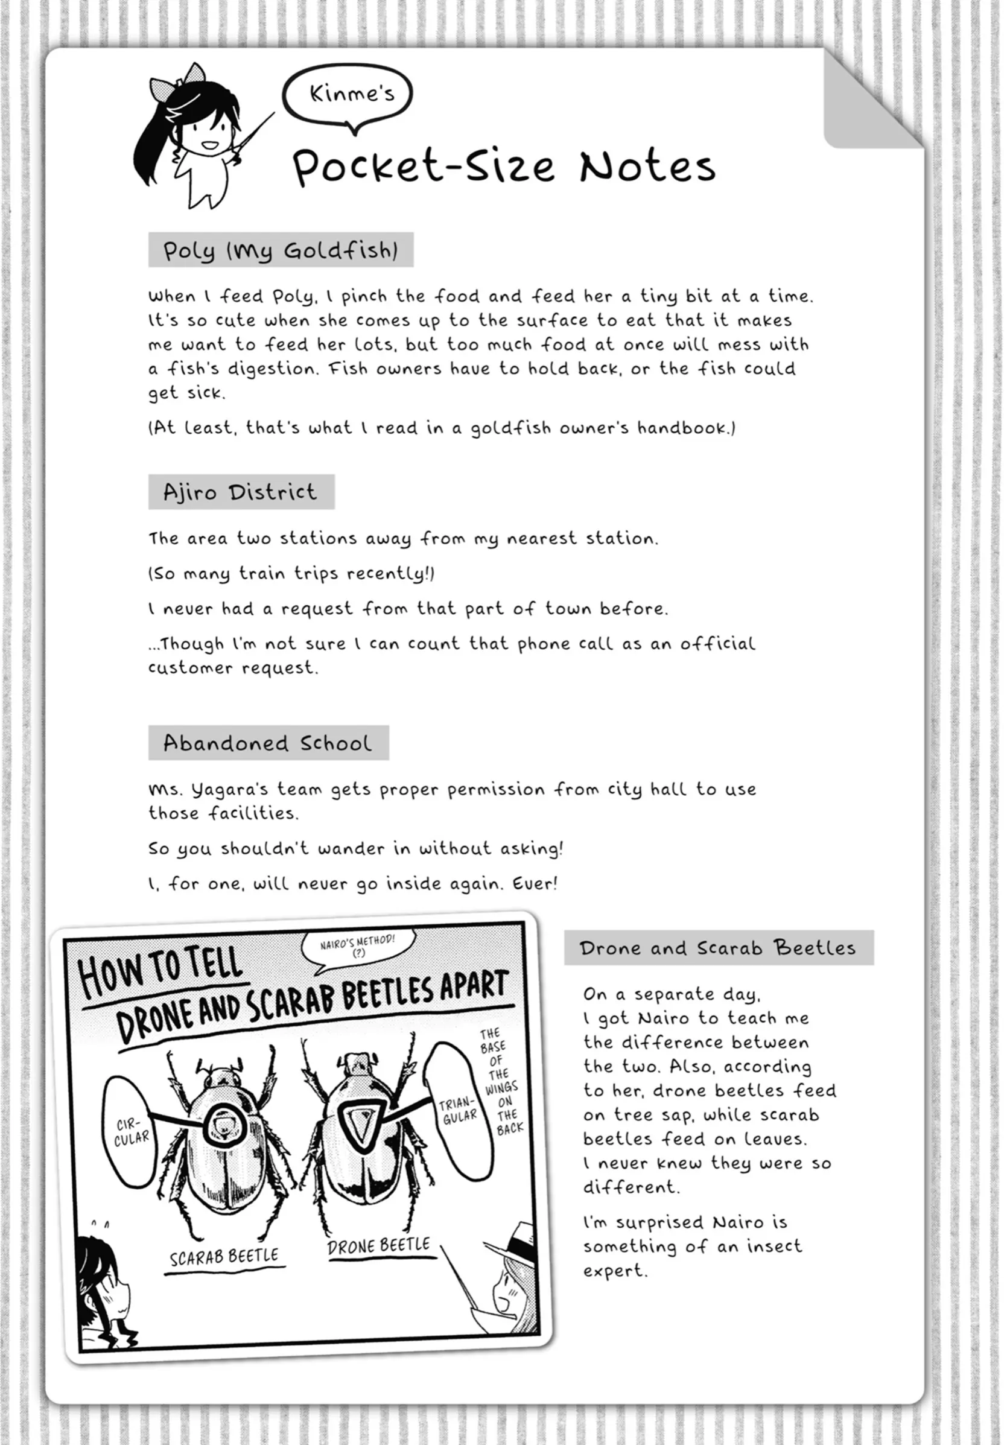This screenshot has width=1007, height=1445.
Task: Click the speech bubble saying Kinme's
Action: tap(349, 94)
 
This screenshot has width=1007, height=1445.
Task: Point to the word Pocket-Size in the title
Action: tap(423, 167)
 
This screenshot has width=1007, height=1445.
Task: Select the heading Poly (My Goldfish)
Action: tap(281, 250)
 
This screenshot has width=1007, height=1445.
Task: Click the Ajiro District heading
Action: tap(241, 492)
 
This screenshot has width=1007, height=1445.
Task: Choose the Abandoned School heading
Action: tap(268, 743)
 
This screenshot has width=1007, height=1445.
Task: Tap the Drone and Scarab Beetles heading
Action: tap(718, 948)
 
